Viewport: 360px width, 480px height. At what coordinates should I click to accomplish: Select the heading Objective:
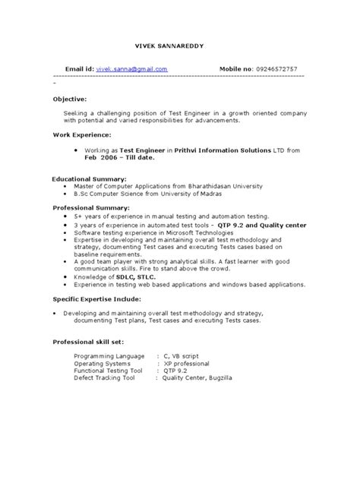(x=70, y=99)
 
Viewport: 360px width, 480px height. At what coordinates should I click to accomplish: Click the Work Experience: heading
(x=83, y=135)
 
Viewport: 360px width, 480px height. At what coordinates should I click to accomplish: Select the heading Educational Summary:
(x=89, y=178)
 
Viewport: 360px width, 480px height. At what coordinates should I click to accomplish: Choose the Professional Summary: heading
(x=92, y=207)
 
